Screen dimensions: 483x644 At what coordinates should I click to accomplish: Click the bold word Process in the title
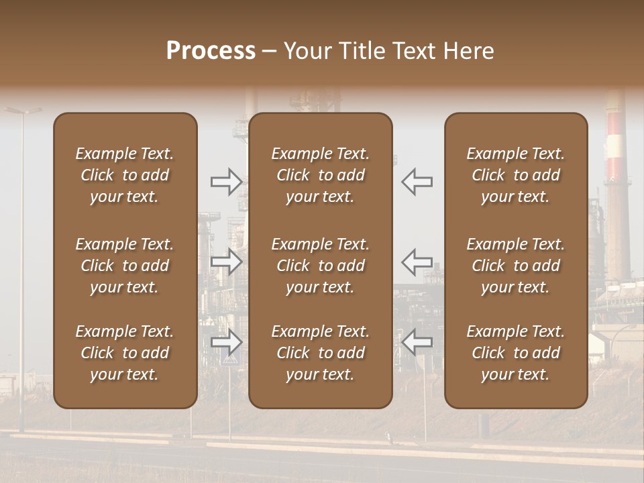pyautogui.click(x=211, y=51)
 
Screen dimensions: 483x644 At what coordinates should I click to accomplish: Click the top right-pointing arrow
pyautogui.click(x=226, y=181)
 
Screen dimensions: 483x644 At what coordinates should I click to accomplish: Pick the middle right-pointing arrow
pyautogui.click(x=226, y=262)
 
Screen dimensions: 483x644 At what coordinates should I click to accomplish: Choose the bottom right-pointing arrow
pyautogui.click(x=226, y=342)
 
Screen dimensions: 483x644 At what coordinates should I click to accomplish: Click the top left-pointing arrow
pyautogui.click(x=417, y=181)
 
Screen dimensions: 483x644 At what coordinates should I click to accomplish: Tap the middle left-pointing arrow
pyautogui.click(x=417, y=262)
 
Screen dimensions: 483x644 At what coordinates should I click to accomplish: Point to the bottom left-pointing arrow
pyautogui.click(x=417, y=342)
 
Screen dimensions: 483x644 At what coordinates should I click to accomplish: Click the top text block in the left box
pyautogui.click(x=125, y=175)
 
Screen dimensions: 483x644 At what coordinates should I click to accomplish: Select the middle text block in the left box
pyautogui.click(x=125, y=266)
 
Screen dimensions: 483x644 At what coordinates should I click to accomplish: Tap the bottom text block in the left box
pyautogui.click(x=125, y=353)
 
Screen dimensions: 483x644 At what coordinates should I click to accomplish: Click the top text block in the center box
pyautogui.click(x=321, y=175)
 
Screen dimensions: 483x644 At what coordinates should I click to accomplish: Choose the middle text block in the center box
pyautogui.click(x=321, y=266)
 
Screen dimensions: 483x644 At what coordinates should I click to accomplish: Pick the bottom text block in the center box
pyautogui.click(x=321, y=353)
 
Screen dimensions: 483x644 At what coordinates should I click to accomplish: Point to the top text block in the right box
pyautogui.click(x=516, y=175)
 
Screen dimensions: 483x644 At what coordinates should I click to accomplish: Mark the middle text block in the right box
pyautogui.click(x=516, y=266)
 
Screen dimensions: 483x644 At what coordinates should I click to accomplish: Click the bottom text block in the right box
pyautogui.click(x=516, y=353)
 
